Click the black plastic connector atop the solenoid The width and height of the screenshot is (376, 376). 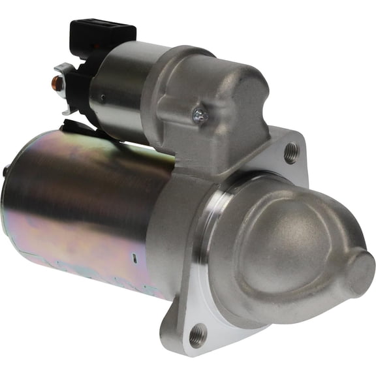pos(103,33)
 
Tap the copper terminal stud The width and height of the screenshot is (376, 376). pos(57,83)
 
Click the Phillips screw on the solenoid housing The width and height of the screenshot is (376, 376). pos(200,116)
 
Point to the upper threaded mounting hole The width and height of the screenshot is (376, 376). pos(291,153)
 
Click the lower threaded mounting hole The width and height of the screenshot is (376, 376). pos(196,335)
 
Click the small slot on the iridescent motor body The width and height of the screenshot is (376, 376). pos(134,257)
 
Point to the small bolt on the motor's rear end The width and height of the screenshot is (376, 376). pos(6,171)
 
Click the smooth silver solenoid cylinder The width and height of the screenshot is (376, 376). pos(121,85)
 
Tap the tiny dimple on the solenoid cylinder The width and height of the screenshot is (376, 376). pos(101,99)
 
